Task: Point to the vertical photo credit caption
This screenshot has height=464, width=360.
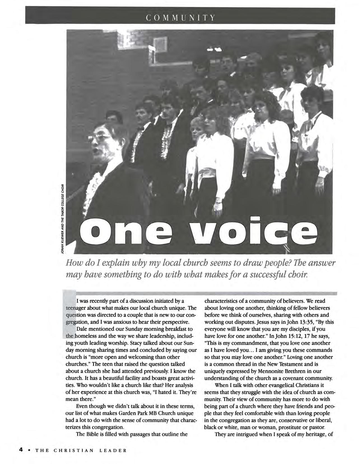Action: tap(63, 218)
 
